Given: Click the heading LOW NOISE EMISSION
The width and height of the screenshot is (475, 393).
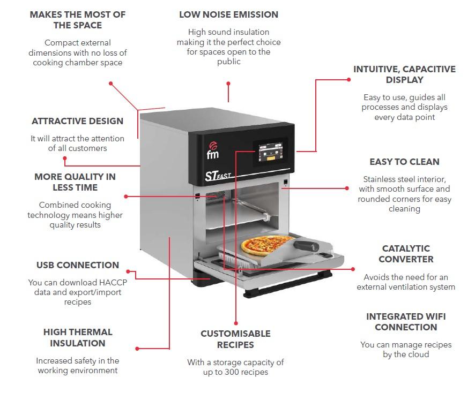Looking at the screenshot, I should (228, 15).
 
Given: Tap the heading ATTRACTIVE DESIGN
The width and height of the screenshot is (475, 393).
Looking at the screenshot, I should (77, 122).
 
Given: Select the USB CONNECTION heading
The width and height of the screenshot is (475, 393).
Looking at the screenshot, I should (78, 265).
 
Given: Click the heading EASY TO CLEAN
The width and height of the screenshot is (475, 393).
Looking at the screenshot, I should (404, 162).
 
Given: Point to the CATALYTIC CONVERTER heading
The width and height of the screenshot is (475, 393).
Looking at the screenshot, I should (406, 254).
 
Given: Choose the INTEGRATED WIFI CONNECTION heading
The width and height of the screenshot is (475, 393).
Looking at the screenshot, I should (406, 322).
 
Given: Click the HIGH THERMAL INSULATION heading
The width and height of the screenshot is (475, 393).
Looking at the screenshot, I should (78, 338).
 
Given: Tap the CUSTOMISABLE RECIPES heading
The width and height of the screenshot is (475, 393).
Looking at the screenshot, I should (235, 339).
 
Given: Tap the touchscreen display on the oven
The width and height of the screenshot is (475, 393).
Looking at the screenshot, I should (270, 153).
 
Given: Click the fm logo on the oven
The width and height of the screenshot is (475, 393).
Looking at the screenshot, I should (212, 152).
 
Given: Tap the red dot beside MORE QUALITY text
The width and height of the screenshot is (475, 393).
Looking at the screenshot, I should (126, 196).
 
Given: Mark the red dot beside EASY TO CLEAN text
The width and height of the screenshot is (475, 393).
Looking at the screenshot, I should (348, 188).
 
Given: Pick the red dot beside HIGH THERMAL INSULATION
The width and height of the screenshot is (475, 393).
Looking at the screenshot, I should (137, 349).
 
